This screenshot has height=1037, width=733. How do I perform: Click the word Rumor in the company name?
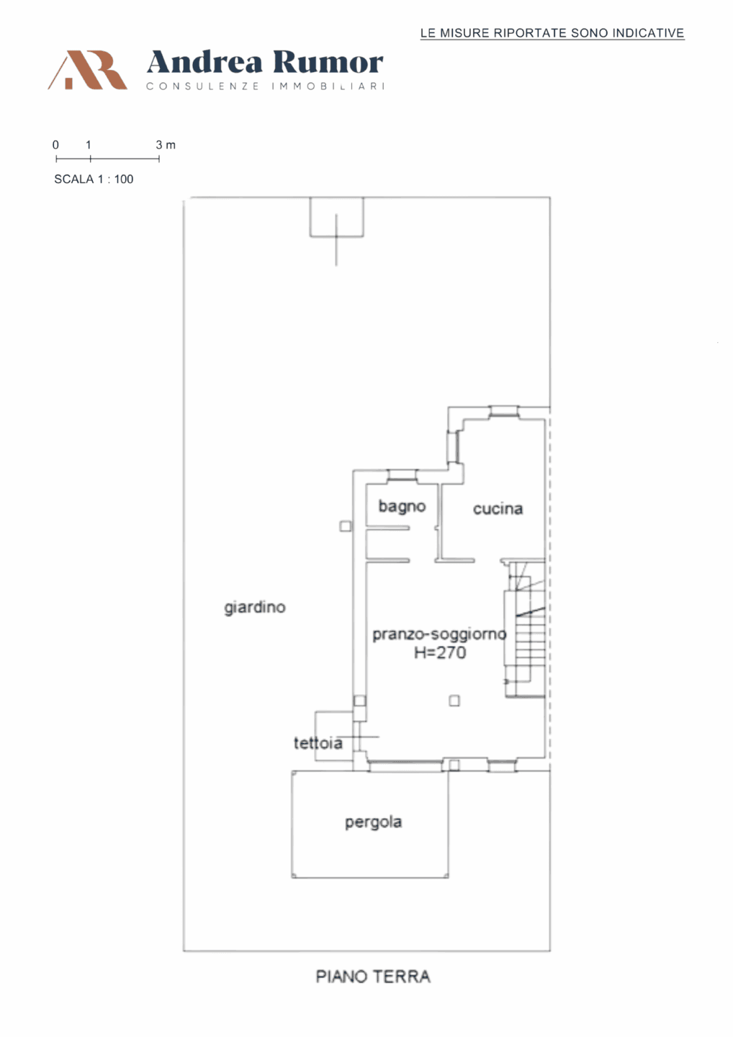[328, 63]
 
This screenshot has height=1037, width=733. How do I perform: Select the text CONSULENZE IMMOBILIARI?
[266, 86]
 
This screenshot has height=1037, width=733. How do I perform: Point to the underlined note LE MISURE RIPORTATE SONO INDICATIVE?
[552, 33]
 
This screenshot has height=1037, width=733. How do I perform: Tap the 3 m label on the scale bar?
[166, 145]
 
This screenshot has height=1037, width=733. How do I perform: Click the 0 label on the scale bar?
[55, 145]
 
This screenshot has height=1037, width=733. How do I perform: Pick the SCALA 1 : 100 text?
[94, 179]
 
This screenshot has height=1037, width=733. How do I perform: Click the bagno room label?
[402, 506]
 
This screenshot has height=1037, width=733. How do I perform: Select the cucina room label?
[498, 508]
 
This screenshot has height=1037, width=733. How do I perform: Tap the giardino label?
[255, 607]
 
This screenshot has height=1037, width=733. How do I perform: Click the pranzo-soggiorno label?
[440, 634]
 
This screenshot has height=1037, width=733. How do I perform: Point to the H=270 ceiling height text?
[440, 652]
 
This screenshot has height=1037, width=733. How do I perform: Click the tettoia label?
[318, 743]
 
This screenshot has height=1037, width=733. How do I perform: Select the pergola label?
[374, 822]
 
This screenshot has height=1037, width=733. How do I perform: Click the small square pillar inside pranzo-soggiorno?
[454, 701]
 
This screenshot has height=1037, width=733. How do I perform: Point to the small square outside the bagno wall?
[345, 526]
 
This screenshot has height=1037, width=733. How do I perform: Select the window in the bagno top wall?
[402, 475]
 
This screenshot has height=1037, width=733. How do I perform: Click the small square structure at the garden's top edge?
[336, 217]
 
